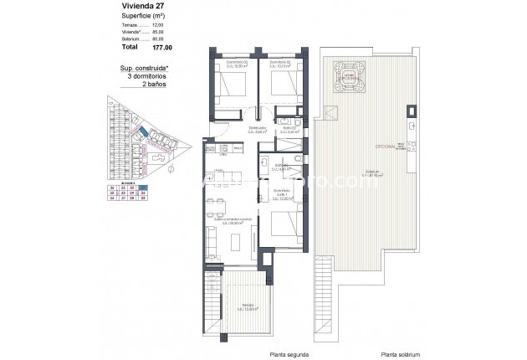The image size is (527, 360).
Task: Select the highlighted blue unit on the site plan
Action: point(145,133)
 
